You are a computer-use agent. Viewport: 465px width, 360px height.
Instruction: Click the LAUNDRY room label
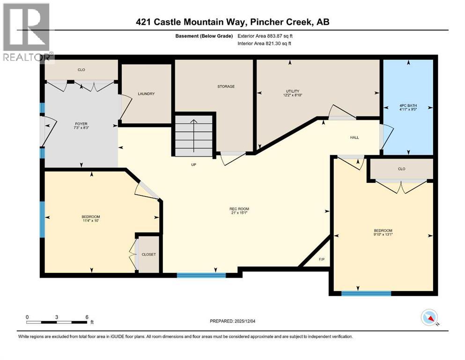(x=146, y=94)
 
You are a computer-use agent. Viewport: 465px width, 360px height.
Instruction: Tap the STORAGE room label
(x=226, y=86)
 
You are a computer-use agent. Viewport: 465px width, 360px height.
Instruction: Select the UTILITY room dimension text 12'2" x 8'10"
(x=293, y=95)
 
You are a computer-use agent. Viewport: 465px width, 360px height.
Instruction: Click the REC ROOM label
(x=239, y=209)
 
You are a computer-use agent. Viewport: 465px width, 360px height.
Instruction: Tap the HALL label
(x=354, y=137)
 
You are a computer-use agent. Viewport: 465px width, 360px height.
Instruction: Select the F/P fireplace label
(x=321, y=259)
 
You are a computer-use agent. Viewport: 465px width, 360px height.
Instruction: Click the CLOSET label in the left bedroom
(x=149, y=254)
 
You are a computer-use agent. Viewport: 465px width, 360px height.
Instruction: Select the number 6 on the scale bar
(x=87, y=317)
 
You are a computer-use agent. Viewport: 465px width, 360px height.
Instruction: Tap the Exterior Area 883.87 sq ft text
(x=266, y=36)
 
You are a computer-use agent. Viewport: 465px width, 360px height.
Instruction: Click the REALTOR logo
(x=26, y=33)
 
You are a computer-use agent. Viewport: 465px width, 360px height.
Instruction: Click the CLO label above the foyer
(x=81, y=71)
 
